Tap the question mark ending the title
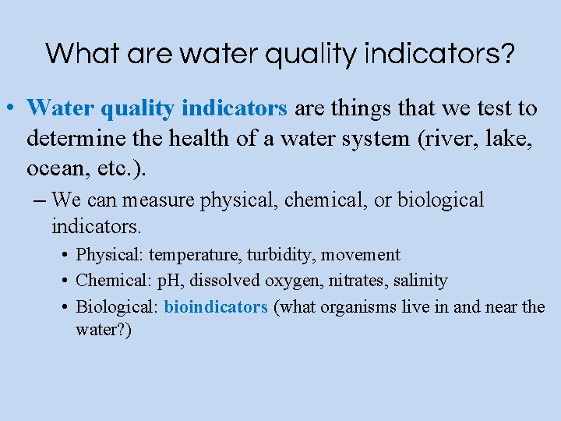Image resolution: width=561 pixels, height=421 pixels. [x=507, y=53]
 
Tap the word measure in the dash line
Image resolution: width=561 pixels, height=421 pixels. [x=159, y=200]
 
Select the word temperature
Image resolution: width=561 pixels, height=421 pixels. [x=195, y=255]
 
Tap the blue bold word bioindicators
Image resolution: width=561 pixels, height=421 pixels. [x=216, y=306]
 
